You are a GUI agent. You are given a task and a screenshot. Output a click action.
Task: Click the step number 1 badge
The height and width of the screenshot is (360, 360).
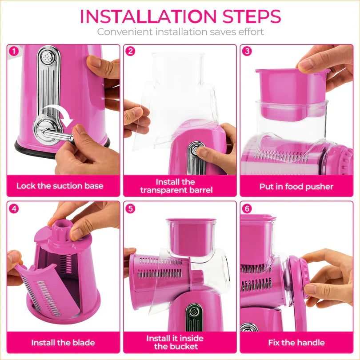point(14,51)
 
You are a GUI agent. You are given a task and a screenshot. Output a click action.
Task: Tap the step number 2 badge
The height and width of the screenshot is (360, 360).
point(130,51)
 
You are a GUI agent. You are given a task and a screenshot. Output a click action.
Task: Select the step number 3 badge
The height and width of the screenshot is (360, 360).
point(247,51)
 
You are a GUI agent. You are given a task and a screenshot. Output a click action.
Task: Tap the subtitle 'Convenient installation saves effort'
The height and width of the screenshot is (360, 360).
point(180,32)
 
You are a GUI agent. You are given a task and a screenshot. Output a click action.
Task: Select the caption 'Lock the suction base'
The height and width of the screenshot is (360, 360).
point(60,186)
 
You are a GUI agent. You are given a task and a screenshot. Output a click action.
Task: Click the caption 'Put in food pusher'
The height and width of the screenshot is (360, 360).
point(296,187)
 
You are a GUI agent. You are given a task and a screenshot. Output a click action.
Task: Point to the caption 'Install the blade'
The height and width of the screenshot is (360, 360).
point(63,343)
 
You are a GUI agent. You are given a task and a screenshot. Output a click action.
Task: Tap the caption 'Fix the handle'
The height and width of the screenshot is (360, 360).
point(296,343)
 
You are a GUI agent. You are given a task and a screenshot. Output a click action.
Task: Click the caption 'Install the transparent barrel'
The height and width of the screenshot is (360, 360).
point(176,186)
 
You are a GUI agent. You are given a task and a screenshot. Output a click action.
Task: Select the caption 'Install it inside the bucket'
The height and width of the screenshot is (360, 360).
point(176,342)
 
